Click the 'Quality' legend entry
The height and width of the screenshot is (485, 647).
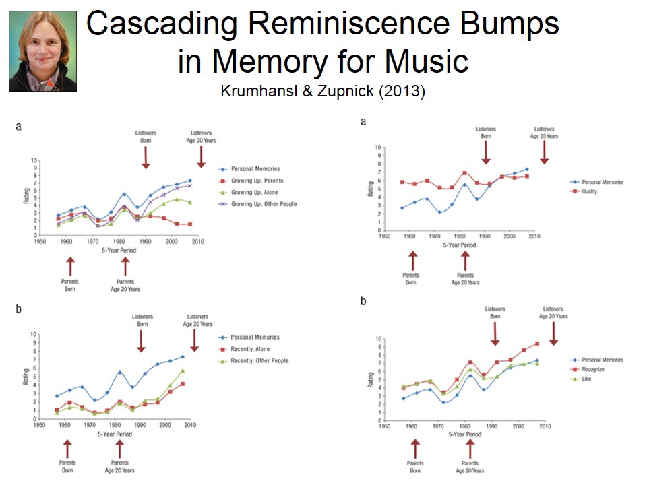click(x=590, y=191)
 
